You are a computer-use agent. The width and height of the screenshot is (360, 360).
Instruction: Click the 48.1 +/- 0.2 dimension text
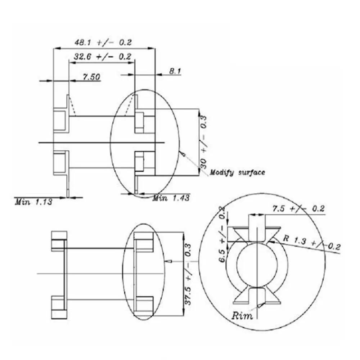(103, 42)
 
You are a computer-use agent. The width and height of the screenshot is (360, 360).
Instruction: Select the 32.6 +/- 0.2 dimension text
(102, 57)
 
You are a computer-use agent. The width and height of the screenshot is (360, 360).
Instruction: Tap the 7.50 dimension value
(91, 77)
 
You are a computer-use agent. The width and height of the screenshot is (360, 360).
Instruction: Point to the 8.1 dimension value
(175, 71)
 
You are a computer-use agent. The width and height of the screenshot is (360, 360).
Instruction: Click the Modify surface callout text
(237, 172)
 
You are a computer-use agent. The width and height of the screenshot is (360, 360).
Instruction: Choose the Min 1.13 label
(33, 202)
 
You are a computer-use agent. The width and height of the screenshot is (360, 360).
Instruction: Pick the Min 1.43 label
(171, 198)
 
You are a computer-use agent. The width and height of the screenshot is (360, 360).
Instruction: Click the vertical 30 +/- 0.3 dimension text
(203, 142)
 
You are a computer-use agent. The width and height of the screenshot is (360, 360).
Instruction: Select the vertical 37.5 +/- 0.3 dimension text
(188, 274)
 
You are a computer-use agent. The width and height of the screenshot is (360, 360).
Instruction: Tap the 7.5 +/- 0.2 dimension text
(298, 208)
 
